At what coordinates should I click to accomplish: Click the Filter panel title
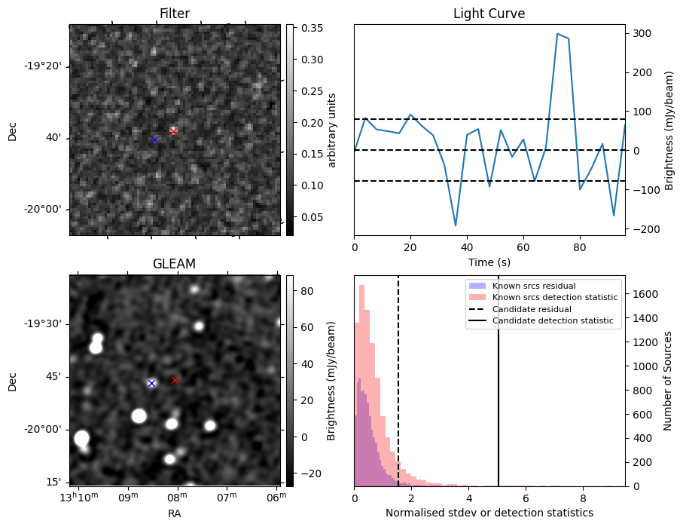[x=175, y=14]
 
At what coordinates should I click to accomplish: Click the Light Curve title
[x=489, y=14]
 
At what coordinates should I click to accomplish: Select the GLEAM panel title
[x=175, y=264]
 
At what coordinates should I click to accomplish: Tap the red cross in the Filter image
[x=173, y=131]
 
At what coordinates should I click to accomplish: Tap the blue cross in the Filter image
[x=154, y=139]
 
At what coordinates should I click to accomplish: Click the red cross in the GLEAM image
[x=175, y=380]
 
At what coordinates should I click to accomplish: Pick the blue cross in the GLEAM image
[x=151, y=383]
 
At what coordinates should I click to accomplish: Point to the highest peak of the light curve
[x=557, y=34]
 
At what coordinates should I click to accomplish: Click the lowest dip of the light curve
[x=456, y=225]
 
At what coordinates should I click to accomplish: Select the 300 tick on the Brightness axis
[x=640, y=33]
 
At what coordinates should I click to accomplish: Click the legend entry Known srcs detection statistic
[x=555, y=297]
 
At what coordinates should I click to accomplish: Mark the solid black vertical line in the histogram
[x=499, y=392]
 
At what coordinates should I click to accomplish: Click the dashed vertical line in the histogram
[x=398, y=392]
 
